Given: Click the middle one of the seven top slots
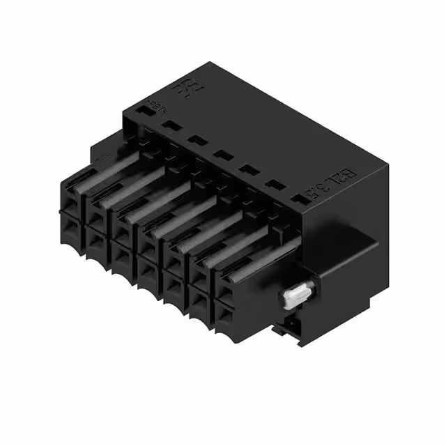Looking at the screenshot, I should tap(222, 155).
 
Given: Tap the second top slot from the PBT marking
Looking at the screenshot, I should tap(171, 125).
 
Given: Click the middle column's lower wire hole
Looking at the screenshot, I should tap(148, 268).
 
